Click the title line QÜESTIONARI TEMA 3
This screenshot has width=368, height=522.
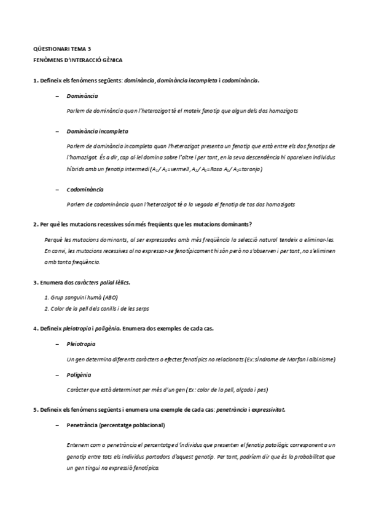click(62, 48)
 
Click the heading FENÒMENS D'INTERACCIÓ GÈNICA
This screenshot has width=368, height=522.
click(77, 60)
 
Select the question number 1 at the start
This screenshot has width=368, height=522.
click(34, 81)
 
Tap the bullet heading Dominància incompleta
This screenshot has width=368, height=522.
click(97, 132)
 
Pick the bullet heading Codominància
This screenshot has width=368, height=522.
click(85, 190)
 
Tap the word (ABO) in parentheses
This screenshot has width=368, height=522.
click(111, 297)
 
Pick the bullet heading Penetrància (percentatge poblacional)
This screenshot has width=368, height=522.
click(115, 425)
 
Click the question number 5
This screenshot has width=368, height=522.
click(34, 409)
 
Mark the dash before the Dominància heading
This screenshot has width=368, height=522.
click(57, 97)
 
